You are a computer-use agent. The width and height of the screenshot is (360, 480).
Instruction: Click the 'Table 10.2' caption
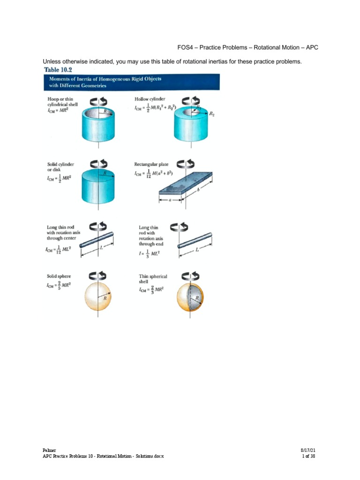[x=58, y=70]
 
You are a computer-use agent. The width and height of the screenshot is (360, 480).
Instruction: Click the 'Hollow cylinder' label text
[x=150, y=99]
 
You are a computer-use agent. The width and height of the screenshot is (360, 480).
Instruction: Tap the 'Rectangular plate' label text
[x=151, y=164]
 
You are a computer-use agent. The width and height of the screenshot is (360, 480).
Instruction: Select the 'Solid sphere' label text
[x=58, y=276]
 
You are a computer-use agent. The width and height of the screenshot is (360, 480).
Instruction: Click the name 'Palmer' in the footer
[x=49, y=450]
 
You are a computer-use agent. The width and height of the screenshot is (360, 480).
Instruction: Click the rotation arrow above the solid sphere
[x=97, y=275]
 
